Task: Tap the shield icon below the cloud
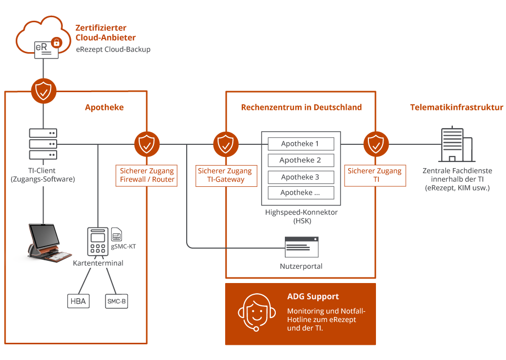pos(44,91)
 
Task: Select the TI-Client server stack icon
pos(43,144)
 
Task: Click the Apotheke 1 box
pos(301,144)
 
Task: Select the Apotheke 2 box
pos(301,161)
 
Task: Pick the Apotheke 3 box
pos(301,177)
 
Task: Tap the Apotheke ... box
pos(301,193)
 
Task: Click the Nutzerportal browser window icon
pos(301,248)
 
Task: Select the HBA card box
pos(78,302)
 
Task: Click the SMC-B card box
pos(116,302)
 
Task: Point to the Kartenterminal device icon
pos(98,242)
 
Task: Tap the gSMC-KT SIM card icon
pos(116,234)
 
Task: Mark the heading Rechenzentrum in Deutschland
pos(301,107)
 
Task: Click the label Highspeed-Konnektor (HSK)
pos(301,217)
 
